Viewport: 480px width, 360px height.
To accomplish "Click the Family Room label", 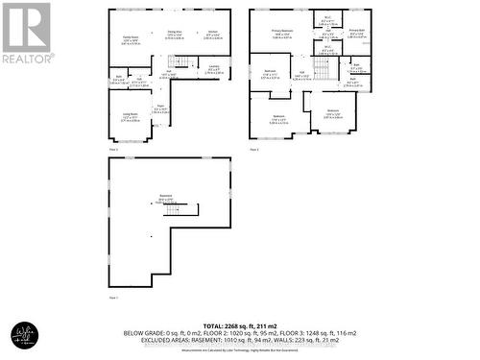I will [x=130, y=38].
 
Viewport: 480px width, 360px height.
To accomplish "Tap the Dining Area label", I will [x=175, y=34].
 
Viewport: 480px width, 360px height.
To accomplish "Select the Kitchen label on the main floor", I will [x=212, y=34].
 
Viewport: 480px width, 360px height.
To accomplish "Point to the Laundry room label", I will [x=215, y=67].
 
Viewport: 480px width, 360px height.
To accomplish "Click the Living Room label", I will [x=131, y=117].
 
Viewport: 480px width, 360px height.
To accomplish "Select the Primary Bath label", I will [x=356, y=34].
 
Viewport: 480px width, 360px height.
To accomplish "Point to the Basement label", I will [x=165, y=199].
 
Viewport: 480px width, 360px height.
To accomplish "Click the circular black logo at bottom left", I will [x=24, y=334].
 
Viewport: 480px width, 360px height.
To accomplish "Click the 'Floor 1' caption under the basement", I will [x=113, y=298].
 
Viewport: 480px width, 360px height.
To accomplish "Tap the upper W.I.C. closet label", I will [x=327, y=20].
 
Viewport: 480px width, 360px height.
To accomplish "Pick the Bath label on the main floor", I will [x=120, y=79].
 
